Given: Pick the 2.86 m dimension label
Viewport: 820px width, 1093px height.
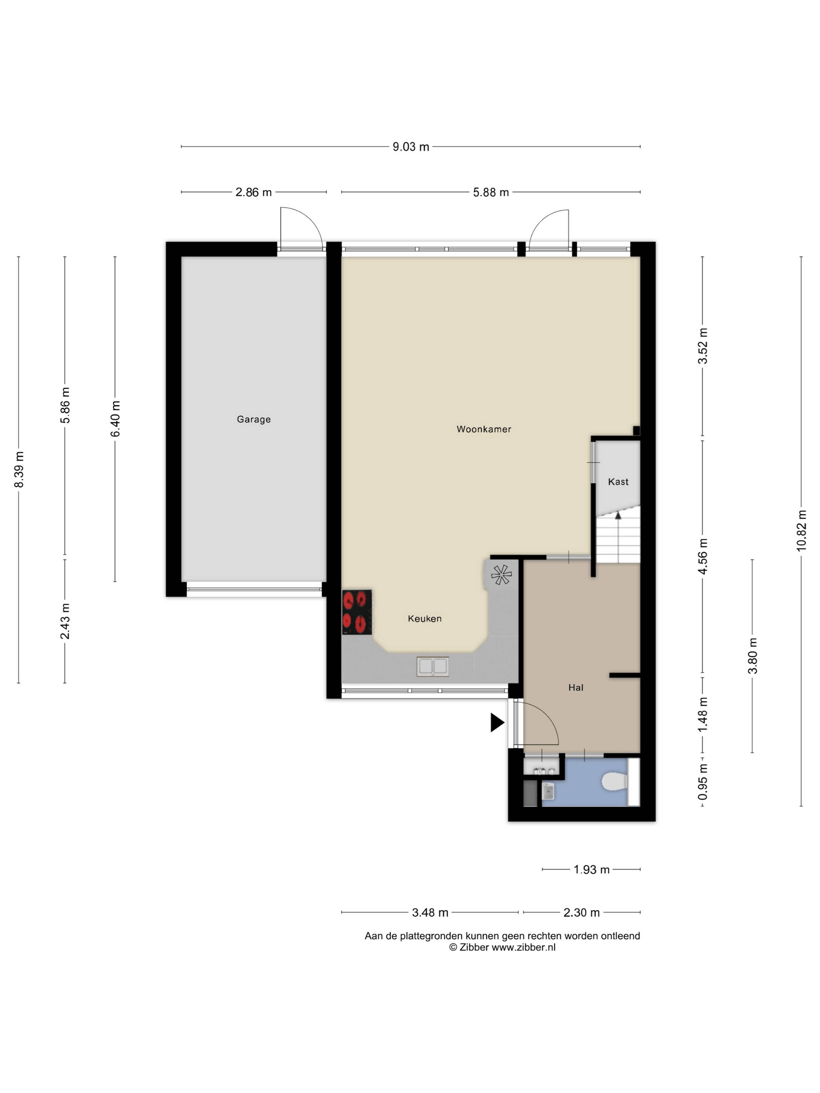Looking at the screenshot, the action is (x=253, y=192).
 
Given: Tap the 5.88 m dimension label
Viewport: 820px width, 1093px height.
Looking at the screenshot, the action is (x=491, y=192).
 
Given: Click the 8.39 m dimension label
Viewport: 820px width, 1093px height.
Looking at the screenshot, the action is (x=19, y=469).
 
